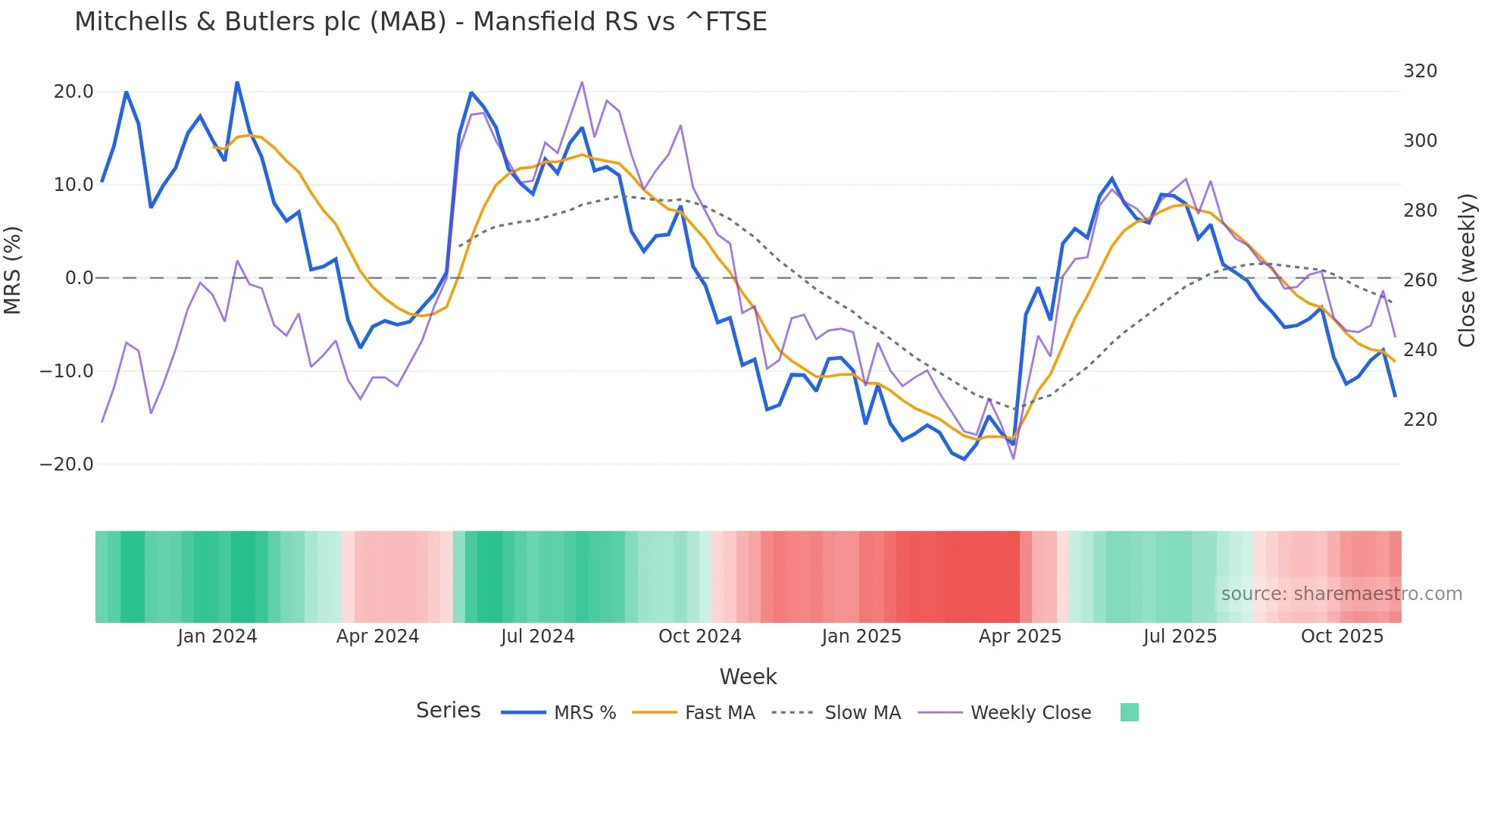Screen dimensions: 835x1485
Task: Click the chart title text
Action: click(x=420, y=22)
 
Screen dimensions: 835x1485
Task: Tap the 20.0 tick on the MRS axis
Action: click(x=73, y=92)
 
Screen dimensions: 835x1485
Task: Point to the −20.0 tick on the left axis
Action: click(x=67, y=464)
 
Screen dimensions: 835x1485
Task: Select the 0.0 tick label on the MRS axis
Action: click(x=79, y=278)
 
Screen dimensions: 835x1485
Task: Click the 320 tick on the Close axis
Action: click(x=1420, y=71)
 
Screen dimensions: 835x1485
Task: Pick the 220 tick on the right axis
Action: click(x=1420, y=420)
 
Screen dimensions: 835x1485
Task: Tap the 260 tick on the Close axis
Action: click(x=1420, y=280)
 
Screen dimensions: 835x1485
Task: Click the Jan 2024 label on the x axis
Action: click(x=217, y=636)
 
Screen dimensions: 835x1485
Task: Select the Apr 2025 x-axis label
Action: click(x=1020, y=636)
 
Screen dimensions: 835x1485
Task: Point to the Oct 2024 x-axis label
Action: click(x=699, y=636)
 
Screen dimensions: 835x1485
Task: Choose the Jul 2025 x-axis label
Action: click(x=1180, y=636)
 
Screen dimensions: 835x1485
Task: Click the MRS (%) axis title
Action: click(x=12, y=271)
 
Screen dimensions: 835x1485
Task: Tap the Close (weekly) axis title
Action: click(x=1467, y=271)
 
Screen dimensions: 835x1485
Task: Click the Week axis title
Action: click(x=748, y=677)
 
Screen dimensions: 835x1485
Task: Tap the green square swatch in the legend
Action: click(x=1129, y=712)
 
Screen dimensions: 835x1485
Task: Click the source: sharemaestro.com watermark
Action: click(x=1341, y=594)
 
